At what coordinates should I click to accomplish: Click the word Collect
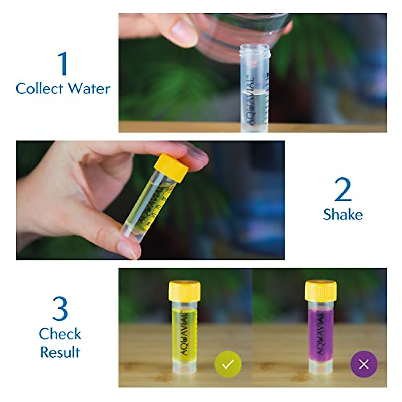[39, 89]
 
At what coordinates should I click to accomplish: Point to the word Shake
[343, 215]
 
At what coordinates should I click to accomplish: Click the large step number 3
[60, 309]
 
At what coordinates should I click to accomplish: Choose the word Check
[60, 334]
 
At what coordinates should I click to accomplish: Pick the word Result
[60, 352]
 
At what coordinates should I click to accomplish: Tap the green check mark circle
[228, 364]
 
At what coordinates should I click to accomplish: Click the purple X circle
[364, 364]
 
